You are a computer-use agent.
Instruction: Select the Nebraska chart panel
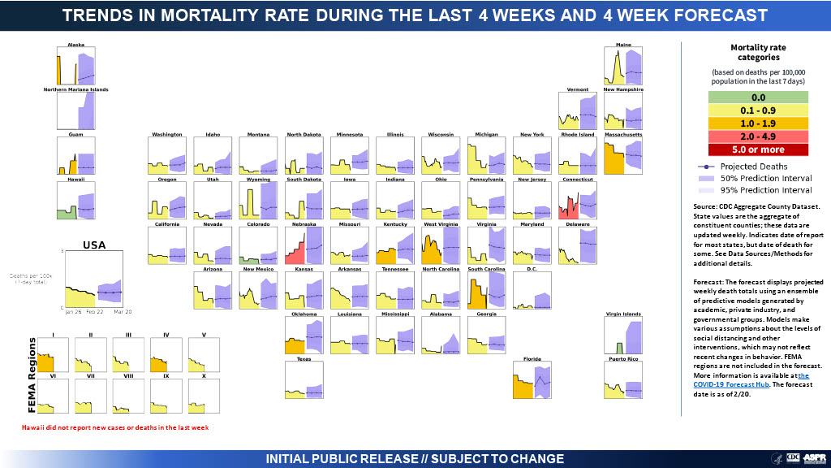pyautogui.click(x=304, y=245)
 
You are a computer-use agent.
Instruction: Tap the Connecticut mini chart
pyautogui.click(x=579, y=201)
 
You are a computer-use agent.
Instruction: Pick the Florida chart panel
pyautogui.click(x=532, y=380)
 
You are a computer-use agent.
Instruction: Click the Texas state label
pyautogui.click(x=304, y=358)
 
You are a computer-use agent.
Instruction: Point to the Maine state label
pyautogui.click(x=623, y=44)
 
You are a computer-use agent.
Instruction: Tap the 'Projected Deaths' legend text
pyautogui.click(x=749, y=166)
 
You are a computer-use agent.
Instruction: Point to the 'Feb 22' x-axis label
pyautogui.click(x=95, y=311)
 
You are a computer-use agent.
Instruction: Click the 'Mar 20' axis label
pyautogui.click(x=123, y=311)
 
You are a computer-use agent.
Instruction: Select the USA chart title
pyautogui.click(x=95, y=245)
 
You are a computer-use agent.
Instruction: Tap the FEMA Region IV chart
pyautogui.click(x=166, y=354)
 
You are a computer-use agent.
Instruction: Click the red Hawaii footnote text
pyautogui.click(x=110, y=427)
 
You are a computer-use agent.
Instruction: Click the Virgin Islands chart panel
pyautogui.click(x=623, y=336)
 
